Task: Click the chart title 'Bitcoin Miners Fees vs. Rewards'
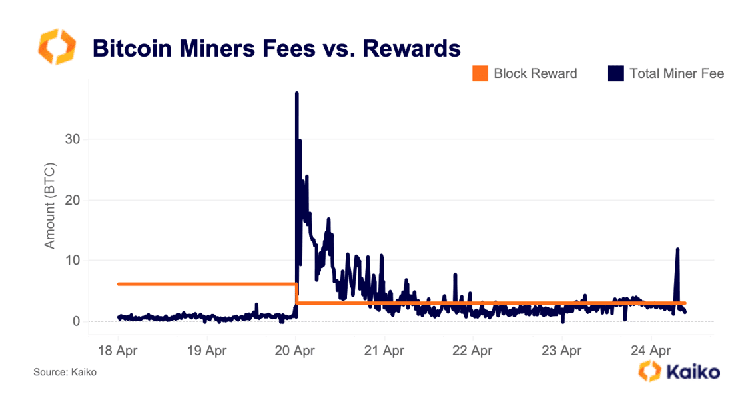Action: click(x=276, y=48)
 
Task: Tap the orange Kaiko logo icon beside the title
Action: click(x=57, y=47)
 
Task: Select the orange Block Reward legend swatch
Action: click(x=480, y=73)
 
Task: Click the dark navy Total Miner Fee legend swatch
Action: click(x=616, y=73)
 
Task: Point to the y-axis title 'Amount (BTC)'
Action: click(x=50, y=203)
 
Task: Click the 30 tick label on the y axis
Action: click(x=74, y=139)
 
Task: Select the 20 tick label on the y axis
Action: click(x=74, y=200)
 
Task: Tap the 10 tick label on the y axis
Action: click(x=74, y=261)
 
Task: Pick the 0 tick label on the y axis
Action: click(x=77, y=321)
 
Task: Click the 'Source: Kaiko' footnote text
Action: click(x=65, y=372)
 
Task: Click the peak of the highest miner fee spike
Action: click(x=296, y=93)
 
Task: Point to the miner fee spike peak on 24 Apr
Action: click(x=677, y=249)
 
